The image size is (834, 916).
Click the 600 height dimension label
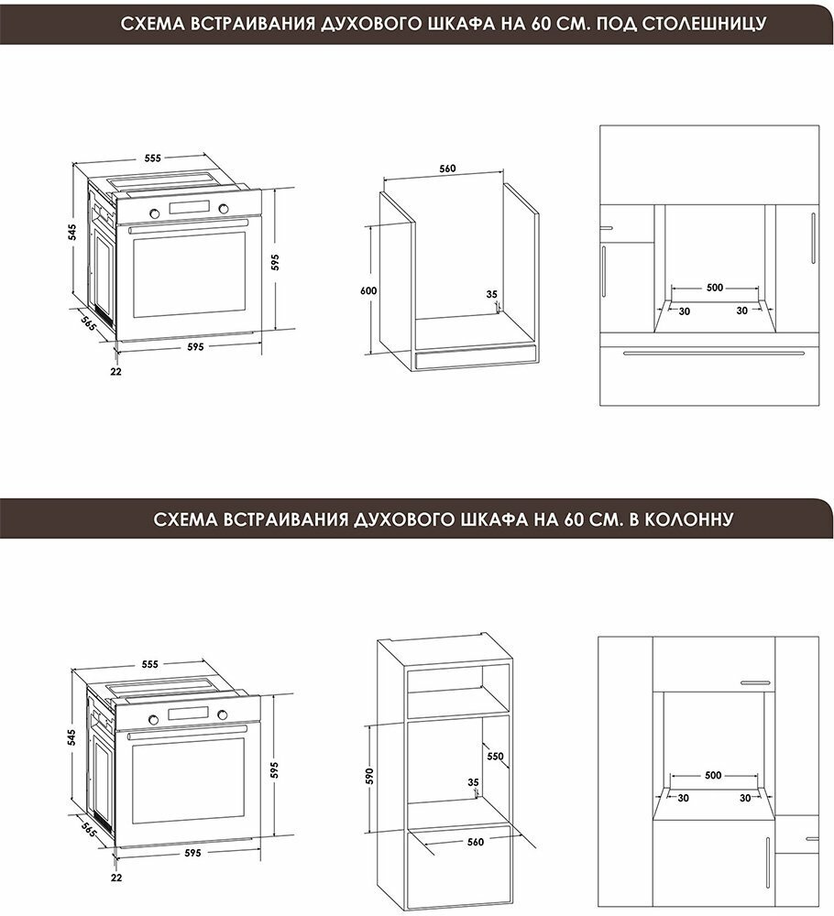click(368, 290)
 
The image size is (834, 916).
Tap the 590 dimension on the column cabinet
click(369, 775)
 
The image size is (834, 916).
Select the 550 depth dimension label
click(495, 756)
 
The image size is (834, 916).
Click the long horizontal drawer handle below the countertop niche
click(712, 353)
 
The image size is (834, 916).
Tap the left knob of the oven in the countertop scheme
click(154, 213)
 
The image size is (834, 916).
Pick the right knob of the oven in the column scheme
click(223, 714)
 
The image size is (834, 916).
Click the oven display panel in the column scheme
click(188, 714)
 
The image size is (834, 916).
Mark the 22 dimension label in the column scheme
click(116, 878)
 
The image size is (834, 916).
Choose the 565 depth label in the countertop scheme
click(88, 323)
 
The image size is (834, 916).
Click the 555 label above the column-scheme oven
click(150, 664)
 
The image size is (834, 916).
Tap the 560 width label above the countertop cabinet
click(447, 169)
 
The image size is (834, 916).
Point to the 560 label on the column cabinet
click(476, 842)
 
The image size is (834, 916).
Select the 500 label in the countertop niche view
click(715, 288)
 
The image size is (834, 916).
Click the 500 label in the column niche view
click(713, 775)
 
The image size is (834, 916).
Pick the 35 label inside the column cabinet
click(474, 782)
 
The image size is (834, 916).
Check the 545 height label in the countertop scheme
click(71, 233)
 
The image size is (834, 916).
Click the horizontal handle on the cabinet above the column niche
click(756, 682)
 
